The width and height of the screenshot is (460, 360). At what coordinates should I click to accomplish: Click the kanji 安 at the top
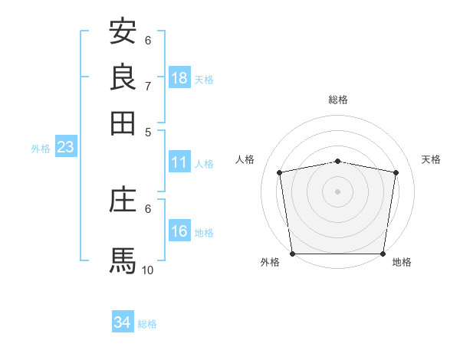click(123, 31)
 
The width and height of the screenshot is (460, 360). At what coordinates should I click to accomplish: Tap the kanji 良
click(123, 77)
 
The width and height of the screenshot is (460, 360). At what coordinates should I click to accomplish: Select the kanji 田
click(123, 123)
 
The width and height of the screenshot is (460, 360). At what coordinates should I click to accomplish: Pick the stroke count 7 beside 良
click(148, 86)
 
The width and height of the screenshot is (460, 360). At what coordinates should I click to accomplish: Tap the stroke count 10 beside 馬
click(148, 270)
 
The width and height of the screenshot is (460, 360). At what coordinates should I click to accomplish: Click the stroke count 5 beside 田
click(148, 132)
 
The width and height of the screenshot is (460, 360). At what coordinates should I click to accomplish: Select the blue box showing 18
click(179, 77)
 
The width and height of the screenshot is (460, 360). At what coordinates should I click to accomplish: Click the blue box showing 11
click(179, 162)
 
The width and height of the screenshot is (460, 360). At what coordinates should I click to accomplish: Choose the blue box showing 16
click(179, 231)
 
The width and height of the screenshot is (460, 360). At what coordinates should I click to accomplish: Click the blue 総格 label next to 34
click(147, 324)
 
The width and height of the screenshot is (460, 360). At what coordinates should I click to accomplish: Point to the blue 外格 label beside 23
click(41, 149)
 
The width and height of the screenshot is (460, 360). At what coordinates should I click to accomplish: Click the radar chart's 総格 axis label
click(337, 100)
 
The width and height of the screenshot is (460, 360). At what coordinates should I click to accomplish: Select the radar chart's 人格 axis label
click(245, 159)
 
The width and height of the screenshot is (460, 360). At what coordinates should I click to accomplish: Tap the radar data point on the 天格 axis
click(396, 172)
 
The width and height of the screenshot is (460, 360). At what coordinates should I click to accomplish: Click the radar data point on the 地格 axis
click(383, 254)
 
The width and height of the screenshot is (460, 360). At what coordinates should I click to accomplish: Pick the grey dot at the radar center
click(337, 191)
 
